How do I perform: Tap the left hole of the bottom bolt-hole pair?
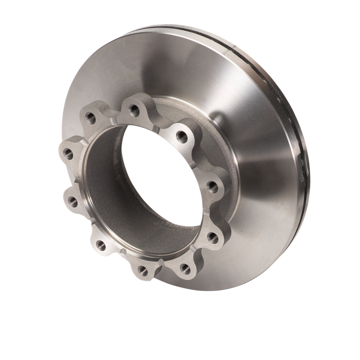click(x=142, y=270)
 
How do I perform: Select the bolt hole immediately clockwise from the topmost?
click(x=180, y=135)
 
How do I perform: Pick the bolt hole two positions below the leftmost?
click(x=100, y=245)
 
